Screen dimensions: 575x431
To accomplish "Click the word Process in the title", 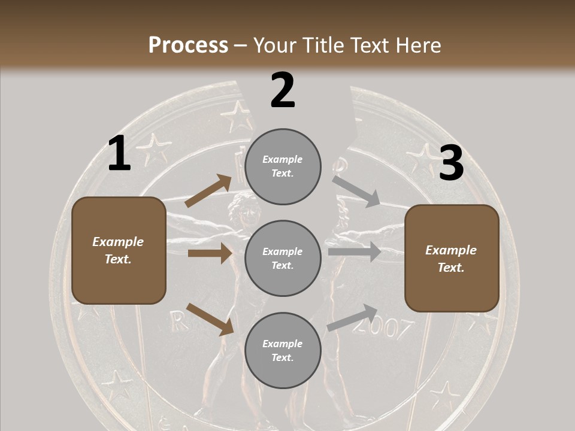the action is (188, 45).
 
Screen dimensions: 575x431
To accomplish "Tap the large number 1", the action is (119, 154).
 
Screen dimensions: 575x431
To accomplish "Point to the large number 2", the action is (283, 90).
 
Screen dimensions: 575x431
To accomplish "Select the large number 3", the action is (451, 163).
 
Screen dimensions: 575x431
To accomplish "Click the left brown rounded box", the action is (119, 250).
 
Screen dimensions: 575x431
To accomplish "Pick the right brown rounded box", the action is (452, 259).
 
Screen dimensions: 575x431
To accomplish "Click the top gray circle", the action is (283, 166).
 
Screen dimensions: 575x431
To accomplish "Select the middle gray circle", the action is (283, 258).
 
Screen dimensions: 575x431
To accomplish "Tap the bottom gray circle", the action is (283, 350).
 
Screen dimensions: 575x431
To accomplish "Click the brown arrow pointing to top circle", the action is (208, 191).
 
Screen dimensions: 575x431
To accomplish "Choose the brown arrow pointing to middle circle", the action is (210, 253).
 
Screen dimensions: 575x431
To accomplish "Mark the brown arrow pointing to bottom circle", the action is (210, 318).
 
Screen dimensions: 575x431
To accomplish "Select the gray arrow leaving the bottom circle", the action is (352, 318).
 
